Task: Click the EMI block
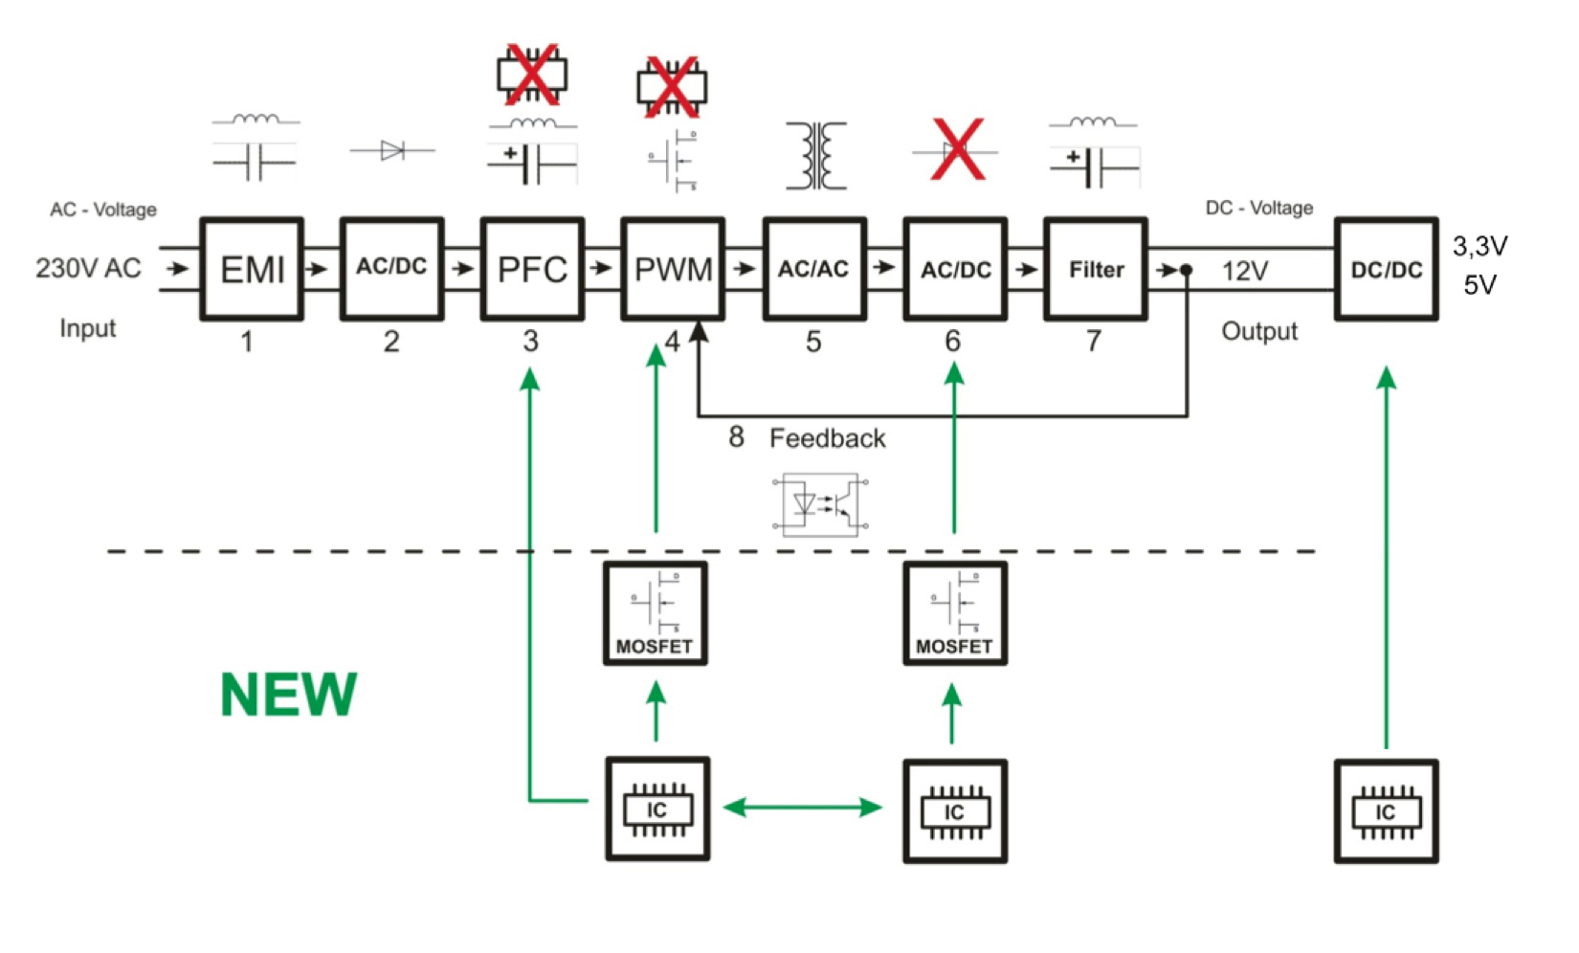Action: point(252,269)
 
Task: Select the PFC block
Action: point(532,269)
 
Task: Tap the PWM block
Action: point(673,269)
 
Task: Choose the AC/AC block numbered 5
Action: point(813,269)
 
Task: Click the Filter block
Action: point(1096,269)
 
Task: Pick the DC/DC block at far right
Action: point(1386,269)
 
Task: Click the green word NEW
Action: point(288,695)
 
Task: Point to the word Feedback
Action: point(828,438)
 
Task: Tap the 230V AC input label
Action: point(88,268)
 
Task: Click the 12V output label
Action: point(1245,272)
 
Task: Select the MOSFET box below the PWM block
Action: point(656,613)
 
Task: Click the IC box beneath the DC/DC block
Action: point(1386,811)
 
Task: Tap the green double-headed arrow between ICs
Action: point(803,808)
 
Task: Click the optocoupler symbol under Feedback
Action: point(821,503)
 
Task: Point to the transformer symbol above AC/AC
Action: point(815,155)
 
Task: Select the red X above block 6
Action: point(957,150)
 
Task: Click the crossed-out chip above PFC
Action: point(532,75)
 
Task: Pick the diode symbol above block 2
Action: point(392,150)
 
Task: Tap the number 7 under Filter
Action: point(1094,342)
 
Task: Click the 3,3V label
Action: point(1479,247)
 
